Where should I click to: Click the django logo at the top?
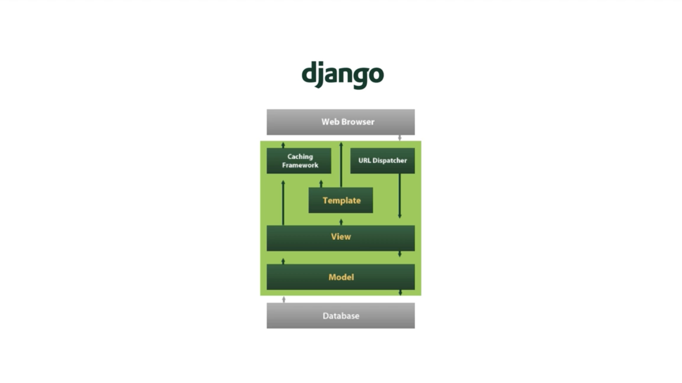[343, 75]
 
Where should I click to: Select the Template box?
[341, 200]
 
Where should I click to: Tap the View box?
[341, 238]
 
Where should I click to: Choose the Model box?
[341, 277]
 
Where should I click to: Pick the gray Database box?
[341, 315]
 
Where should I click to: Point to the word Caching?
[300, 157]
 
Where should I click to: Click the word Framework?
[300, 165]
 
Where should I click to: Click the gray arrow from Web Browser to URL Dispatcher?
[400, 138]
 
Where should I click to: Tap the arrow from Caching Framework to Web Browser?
[283, 145]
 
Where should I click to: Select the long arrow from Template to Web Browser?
[341, 165]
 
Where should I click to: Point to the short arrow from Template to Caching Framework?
[321, 184]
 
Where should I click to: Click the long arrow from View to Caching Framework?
[283, 203]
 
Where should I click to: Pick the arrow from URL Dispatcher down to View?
[400, 196]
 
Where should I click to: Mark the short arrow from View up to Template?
[341, 222]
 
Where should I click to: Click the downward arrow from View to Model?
[400, 254]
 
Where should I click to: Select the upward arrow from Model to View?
[283, 261]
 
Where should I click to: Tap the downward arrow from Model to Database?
[400, 292]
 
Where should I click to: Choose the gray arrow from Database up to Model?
[284, 299]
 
